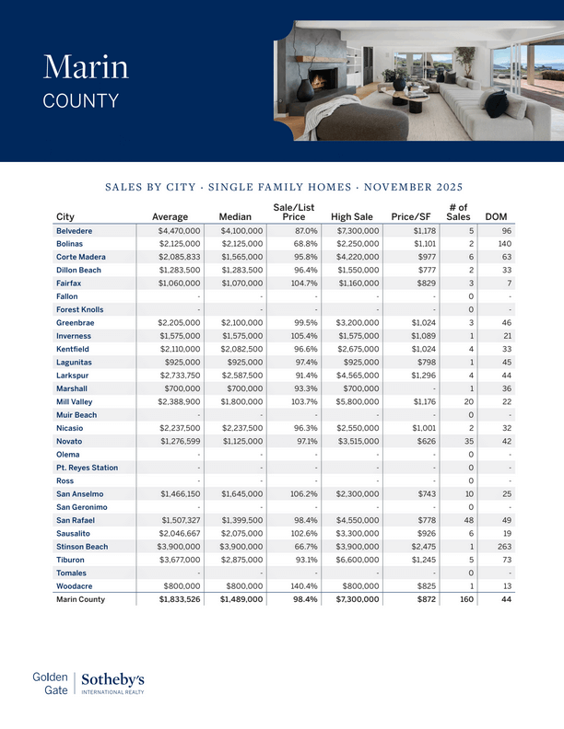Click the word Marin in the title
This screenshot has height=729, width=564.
point(86,67)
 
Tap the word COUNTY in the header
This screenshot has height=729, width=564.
point(81,100)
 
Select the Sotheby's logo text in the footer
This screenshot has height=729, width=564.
point(112,679)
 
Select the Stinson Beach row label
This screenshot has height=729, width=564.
point(82,547)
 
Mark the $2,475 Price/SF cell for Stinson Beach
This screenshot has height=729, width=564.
point(417,547)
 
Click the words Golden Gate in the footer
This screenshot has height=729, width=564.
point(51,682)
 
